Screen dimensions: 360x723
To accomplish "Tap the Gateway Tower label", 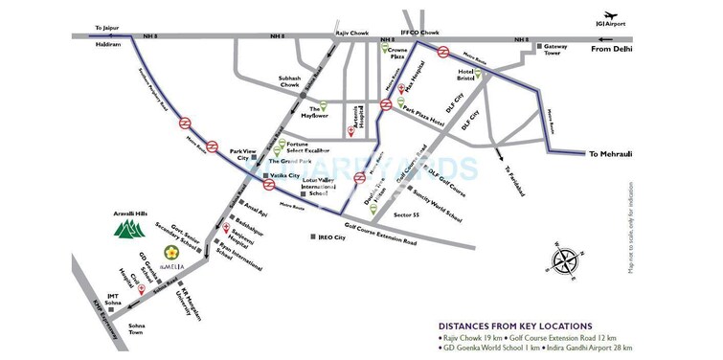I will click(565, 51).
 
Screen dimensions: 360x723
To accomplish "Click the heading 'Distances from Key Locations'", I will click(514, 326).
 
